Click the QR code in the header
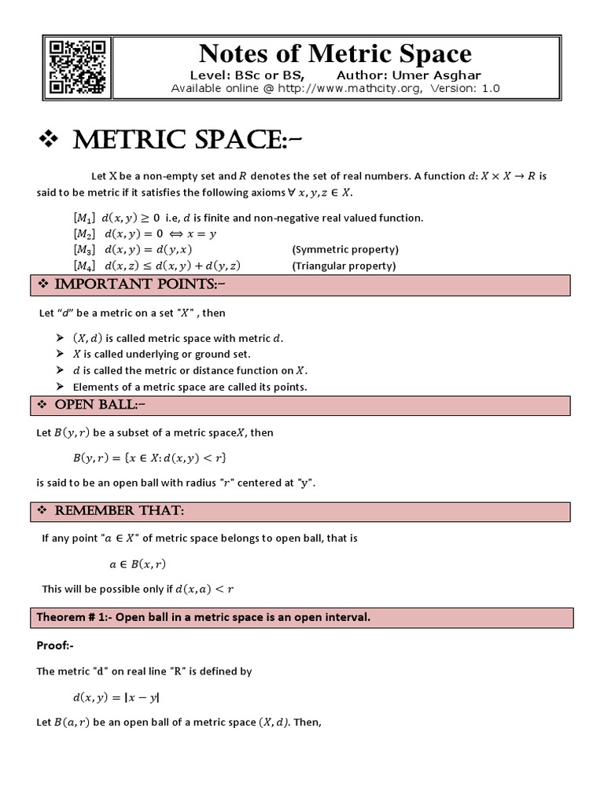click(77, 66)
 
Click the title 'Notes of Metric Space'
click(335, 53)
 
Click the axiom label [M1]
click(84, 218)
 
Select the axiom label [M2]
click(84, 233)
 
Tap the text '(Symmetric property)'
click(345, 249)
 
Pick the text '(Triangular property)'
click(344, 266)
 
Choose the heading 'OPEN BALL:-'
click(100, 405)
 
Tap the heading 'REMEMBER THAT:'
click(119, 511)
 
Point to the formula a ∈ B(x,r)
click(138, 564)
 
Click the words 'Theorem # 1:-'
click(72, 617)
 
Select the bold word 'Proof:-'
click(55, 645)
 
